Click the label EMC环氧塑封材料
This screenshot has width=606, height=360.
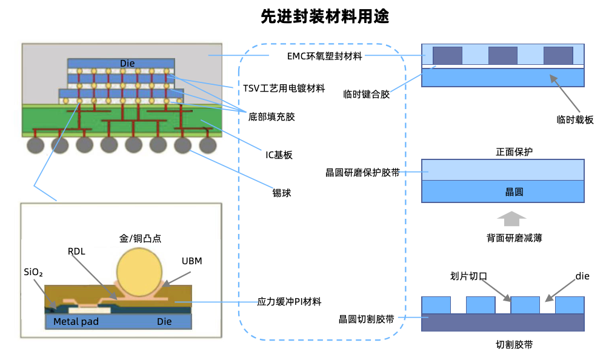tap(324, 56)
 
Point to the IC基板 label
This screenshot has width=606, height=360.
tap(279, 155)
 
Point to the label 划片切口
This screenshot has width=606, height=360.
tap(469, 276)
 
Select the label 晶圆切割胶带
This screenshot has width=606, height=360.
tap(367, 319)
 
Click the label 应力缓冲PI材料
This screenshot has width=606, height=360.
tap(290, 301)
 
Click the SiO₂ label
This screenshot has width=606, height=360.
tap(33, 273)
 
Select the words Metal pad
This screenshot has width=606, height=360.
tap(76, 321)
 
